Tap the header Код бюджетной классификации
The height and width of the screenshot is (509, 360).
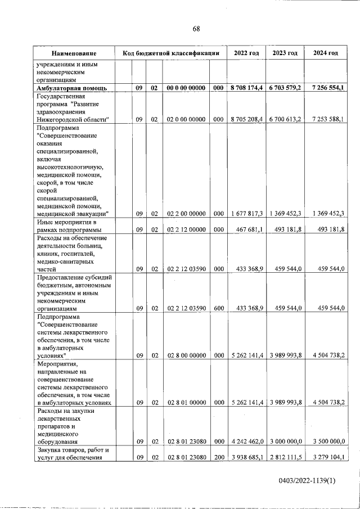[170, 53]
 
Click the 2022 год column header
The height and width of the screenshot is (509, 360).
[246, 53]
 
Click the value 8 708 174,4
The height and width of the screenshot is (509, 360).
[246, 88]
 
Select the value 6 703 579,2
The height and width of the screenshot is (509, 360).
[285, 88]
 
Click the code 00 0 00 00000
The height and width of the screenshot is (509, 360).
[186, 88]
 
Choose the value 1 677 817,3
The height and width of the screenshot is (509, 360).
[247, 213]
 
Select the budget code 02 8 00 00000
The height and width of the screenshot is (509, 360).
[186, 355]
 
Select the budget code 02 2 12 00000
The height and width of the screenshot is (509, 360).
[186, 229]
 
